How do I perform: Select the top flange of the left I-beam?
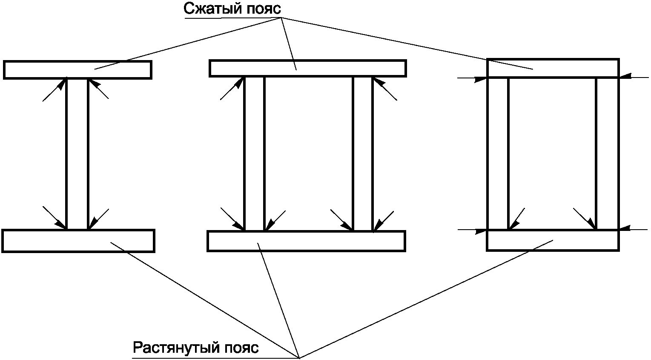click(77, 70)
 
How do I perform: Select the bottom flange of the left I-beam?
click(78, 241)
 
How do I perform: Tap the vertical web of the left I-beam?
click(77, 153)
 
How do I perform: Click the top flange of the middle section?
click(307, 68)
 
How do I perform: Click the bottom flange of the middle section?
click(306, 241)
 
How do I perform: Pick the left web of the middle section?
click(254, 153)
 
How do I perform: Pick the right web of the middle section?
click(363, 153)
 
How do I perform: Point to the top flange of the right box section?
click(553, 68)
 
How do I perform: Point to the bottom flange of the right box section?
click(553, 240)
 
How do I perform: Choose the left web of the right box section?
click(498, 153)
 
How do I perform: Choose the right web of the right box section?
click(607, 153)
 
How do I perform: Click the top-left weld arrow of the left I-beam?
click(54, 90)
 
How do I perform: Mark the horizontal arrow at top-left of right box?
click(473, 78)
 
